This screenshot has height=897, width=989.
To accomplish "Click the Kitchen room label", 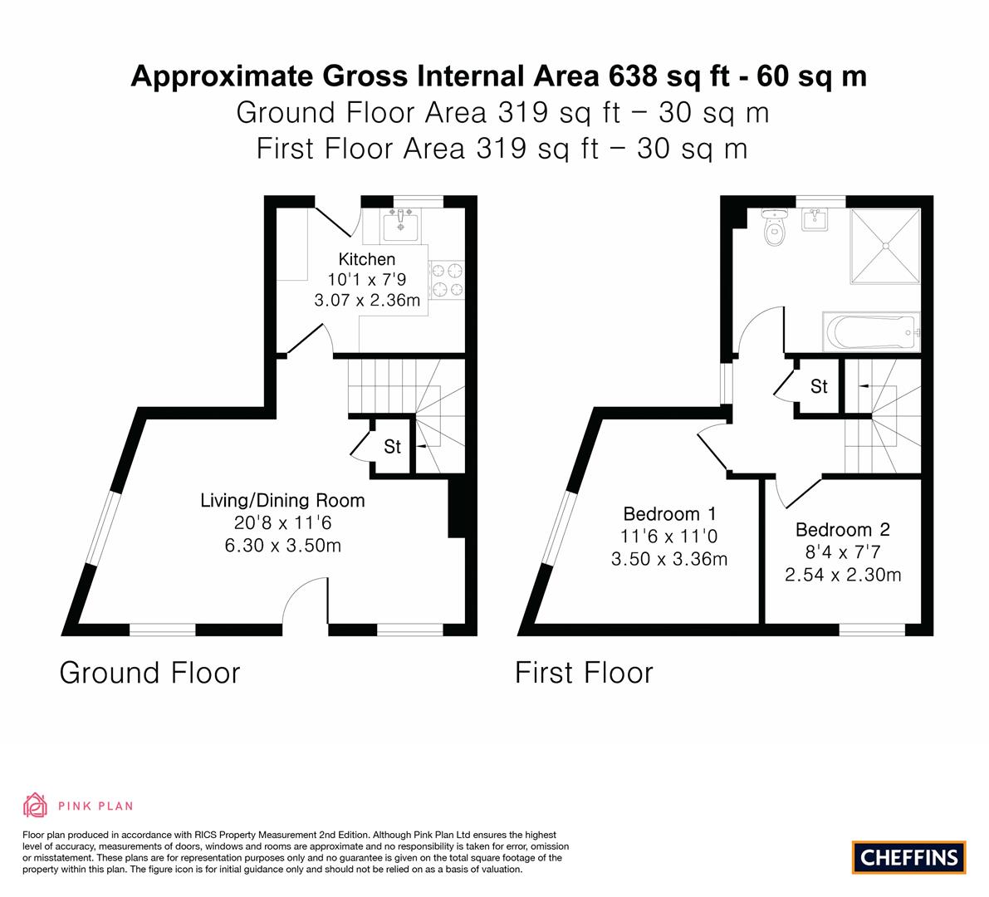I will coord(367,259).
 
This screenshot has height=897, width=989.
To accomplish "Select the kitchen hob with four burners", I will coord(447,278).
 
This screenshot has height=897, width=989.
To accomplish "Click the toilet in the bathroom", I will coord(776,226).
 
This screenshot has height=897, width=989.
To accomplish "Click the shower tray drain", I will coord(885,246).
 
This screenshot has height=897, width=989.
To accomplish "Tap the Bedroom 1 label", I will coord(669,513).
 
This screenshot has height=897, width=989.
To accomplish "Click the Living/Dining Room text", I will coord(282,500).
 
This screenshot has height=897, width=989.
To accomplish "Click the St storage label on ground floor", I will coord(392,447).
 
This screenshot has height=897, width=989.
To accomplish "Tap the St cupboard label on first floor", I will coord(819,386).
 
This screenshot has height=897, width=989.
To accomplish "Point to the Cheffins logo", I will coord(908,857).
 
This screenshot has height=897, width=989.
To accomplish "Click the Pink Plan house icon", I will coord(36,805).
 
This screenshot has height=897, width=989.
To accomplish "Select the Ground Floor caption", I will coord(149,672).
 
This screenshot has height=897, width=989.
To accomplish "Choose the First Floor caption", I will coord(584,672).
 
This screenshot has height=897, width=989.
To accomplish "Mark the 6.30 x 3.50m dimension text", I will coord(282,546).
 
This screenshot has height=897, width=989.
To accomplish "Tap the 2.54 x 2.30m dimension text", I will coord(842,575).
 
